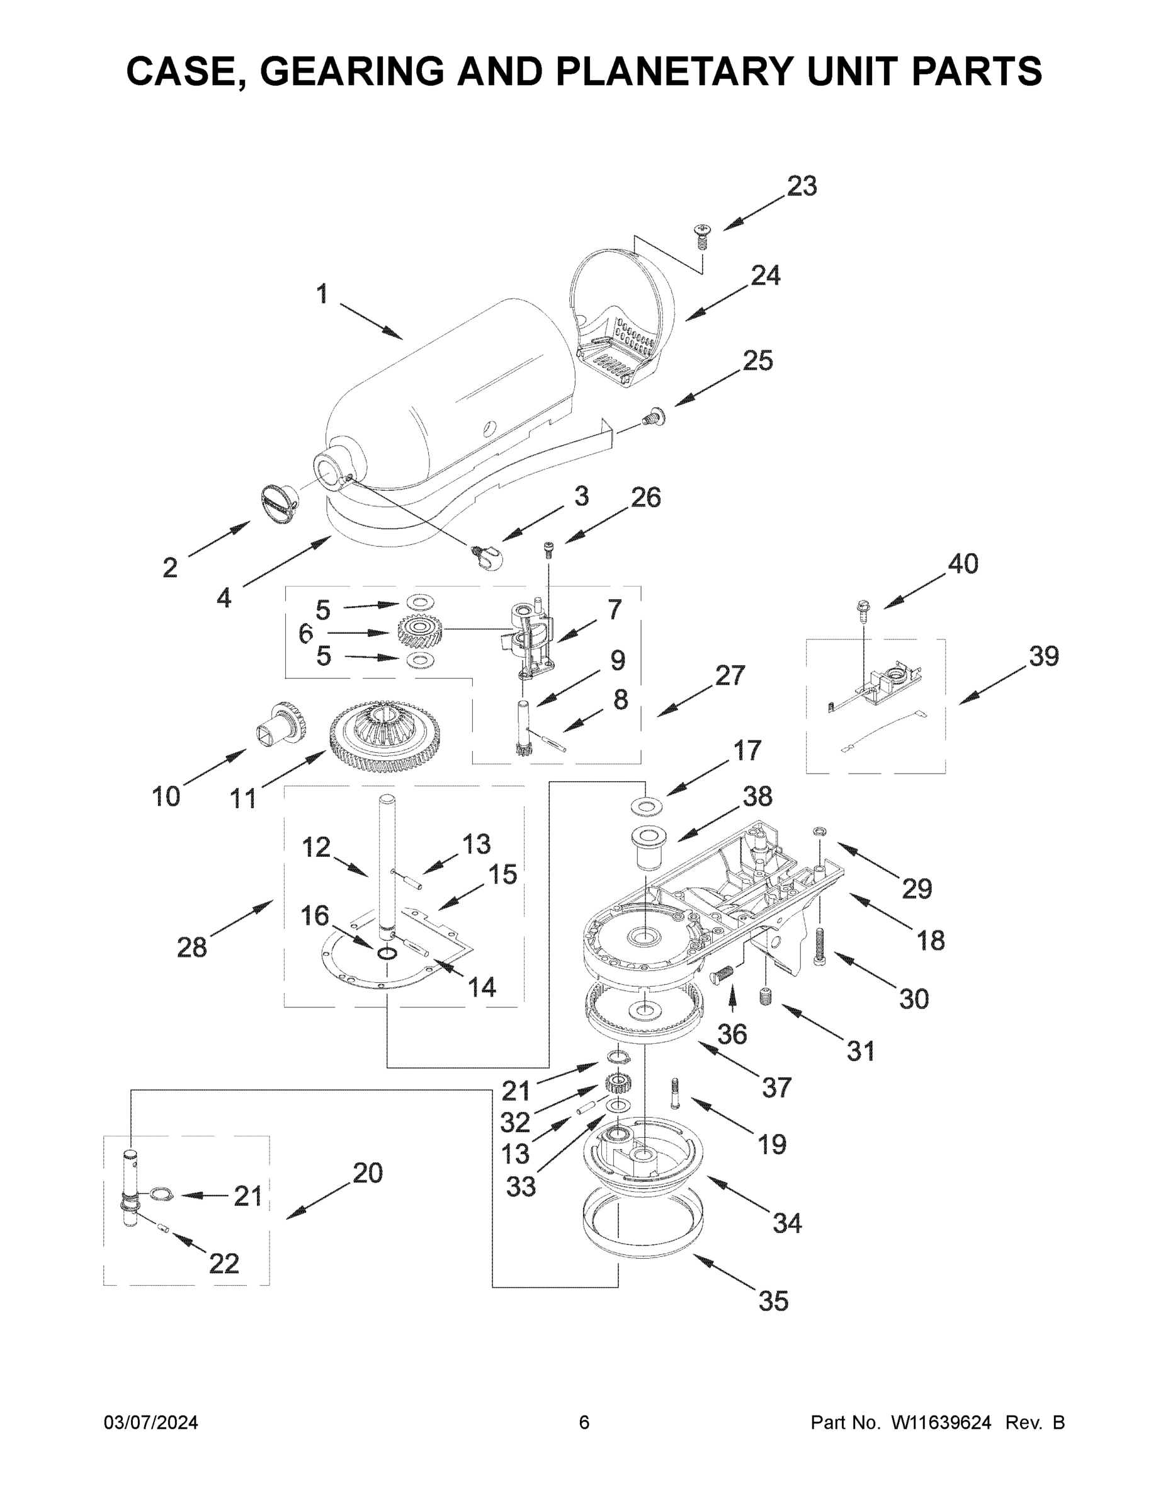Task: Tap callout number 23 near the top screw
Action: [802, 186]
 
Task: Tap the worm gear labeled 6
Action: [419, 631]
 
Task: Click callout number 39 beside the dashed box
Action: [1043, 656]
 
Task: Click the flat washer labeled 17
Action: [646, 806]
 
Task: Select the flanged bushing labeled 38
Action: [648, 845]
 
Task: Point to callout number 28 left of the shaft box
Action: [191, 947]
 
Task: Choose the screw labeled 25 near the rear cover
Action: [653, 417]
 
